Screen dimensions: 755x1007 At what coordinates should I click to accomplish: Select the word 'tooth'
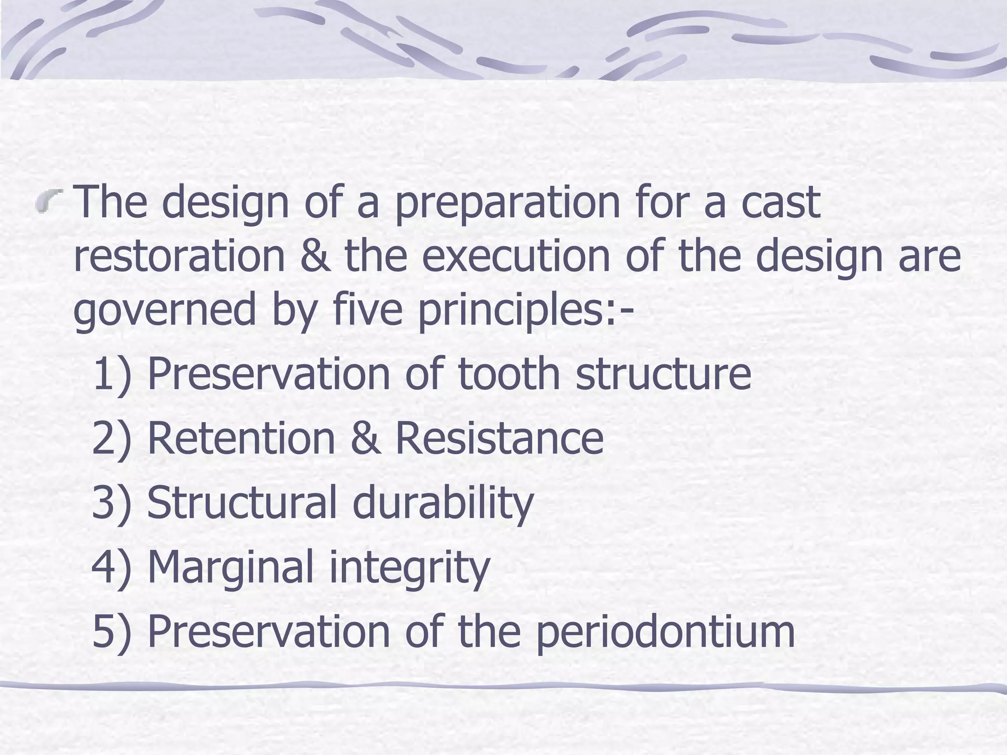509,374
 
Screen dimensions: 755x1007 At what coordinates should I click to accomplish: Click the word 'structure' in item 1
663,374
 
